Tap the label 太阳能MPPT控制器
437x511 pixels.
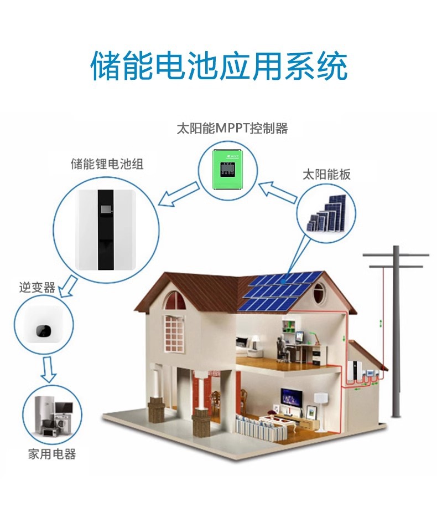pyautogui.click(x=232, y=129)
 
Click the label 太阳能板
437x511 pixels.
pyautogui.click(x=326, y=175)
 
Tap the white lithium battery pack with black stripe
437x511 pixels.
pyautogui.click(x=106, y=228)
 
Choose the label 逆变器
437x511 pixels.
pyautogui.click(x=37, y=288)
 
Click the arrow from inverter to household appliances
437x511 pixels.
pyautogui.click(x=49, y=369)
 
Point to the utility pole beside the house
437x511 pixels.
pyautogui.click(x=396, y=333)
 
